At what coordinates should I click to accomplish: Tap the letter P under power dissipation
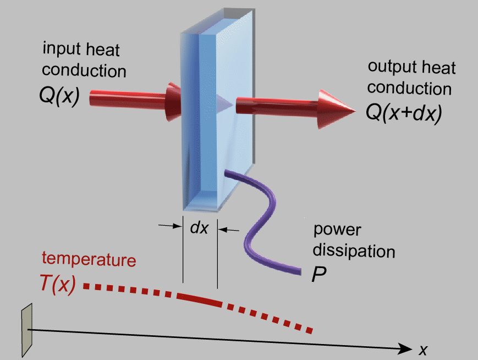[318, 275]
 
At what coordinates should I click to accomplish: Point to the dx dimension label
[199, 228]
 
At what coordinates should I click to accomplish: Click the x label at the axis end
[423, 349]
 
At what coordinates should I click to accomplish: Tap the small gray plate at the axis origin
[26, 331]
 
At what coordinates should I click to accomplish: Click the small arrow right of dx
[231, 229]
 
